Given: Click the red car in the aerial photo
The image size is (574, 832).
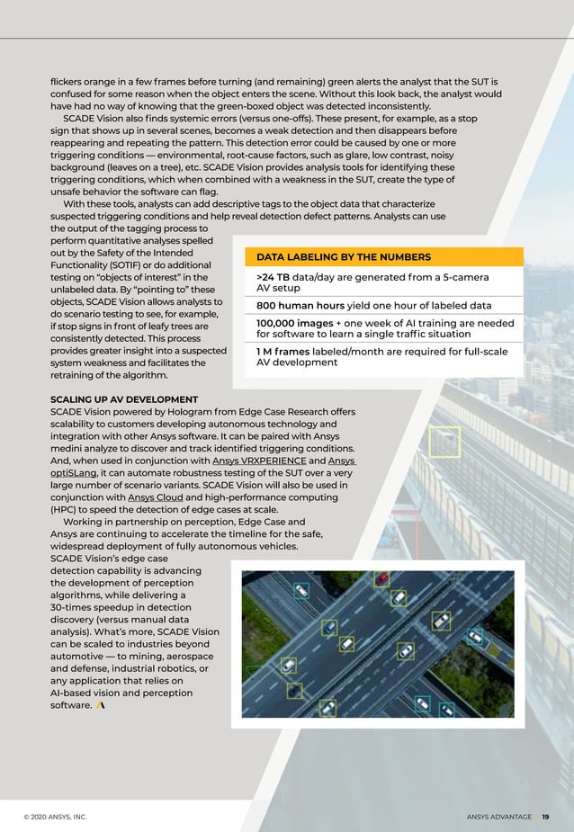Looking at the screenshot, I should tap(382, 578).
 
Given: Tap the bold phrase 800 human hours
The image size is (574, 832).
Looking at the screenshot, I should tap(300, 305).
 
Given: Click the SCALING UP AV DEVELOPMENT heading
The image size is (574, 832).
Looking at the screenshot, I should tap(124, 399).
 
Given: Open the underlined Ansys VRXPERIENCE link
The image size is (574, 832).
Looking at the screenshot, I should tap(258, 461).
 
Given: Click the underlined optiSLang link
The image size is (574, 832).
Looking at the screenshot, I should tap(74, 473).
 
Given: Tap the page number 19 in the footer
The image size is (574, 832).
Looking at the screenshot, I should tap(545, 817).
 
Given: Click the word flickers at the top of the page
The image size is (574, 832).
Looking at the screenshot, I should tap(69, 82).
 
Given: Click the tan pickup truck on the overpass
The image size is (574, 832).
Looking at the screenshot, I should tap(441, 621).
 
